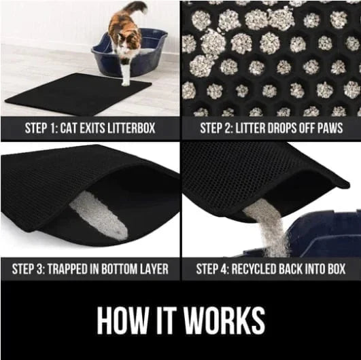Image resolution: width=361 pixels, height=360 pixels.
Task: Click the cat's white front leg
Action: tap(126, 72)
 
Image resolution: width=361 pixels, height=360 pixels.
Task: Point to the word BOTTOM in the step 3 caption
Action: tap(126, 268)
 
